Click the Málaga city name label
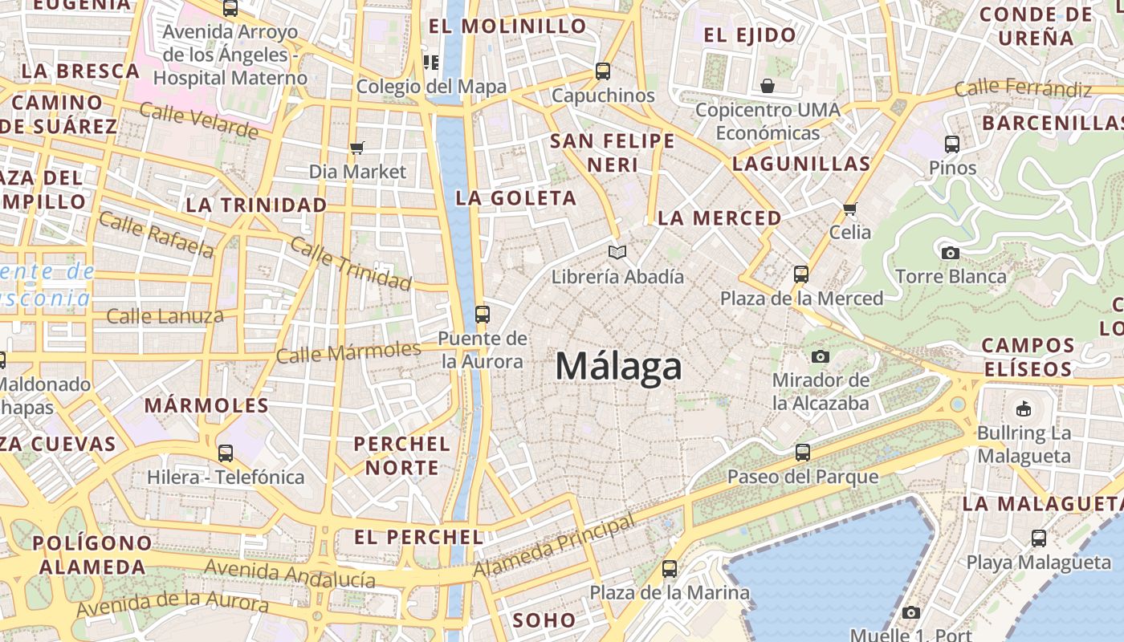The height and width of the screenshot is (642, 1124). click(x=619, y=367)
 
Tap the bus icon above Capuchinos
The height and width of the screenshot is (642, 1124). click(x=603, y=71)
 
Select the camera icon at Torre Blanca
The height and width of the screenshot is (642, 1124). click(x=951, y=253)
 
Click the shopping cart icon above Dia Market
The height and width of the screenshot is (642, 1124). click(x=357, y=148)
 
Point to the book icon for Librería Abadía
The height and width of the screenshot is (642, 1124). click(x=617, y=253)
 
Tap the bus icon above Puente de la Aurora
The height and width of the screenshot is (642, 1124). click(x=483, y=315)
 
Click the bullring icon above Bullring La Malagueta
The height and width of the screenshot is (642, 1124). click(x=1024, y=409)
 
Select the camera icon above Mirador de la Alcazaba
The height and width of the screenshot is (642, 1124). click(x=820, y=356)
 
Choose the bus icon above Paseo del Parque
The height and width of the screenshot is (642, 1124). click(x=802, y=453)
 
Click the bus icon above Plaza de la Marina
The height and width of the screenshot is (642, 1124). click(x=670, y=569)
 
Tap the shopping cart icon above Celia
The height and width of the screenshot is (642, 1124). click(x=850, y=209)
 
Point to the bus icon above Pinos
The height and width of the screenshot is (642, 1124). click(x=952, y=144)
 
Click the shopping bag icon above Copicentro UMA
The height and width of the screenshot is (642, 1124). click(x=768, y=86)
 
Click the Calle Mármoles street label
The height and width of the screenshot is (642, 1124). click(x=348, y=351)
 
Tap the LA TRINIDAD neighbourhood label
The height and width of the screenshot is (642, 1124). click(x=257, y=205)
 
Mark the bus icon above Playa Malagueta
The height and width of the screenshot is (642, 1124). click(x=1039, y=538)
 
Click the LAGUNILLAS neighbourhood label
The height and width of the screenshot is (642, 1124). click(x=801, y=164)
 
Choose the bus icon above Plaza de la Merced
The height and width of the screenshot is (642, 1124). click(x=800, y=274)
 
